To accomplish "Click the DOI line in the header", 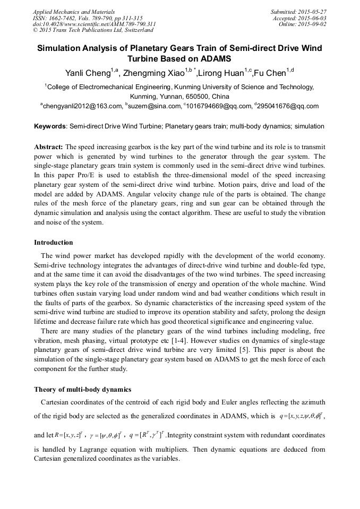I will point(94,24).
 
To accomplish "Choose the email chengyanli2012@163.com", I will point(82,107).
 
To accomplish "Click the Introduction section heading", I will point(54,243).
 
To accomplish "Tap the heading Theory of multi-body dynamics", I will point(82,390).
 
